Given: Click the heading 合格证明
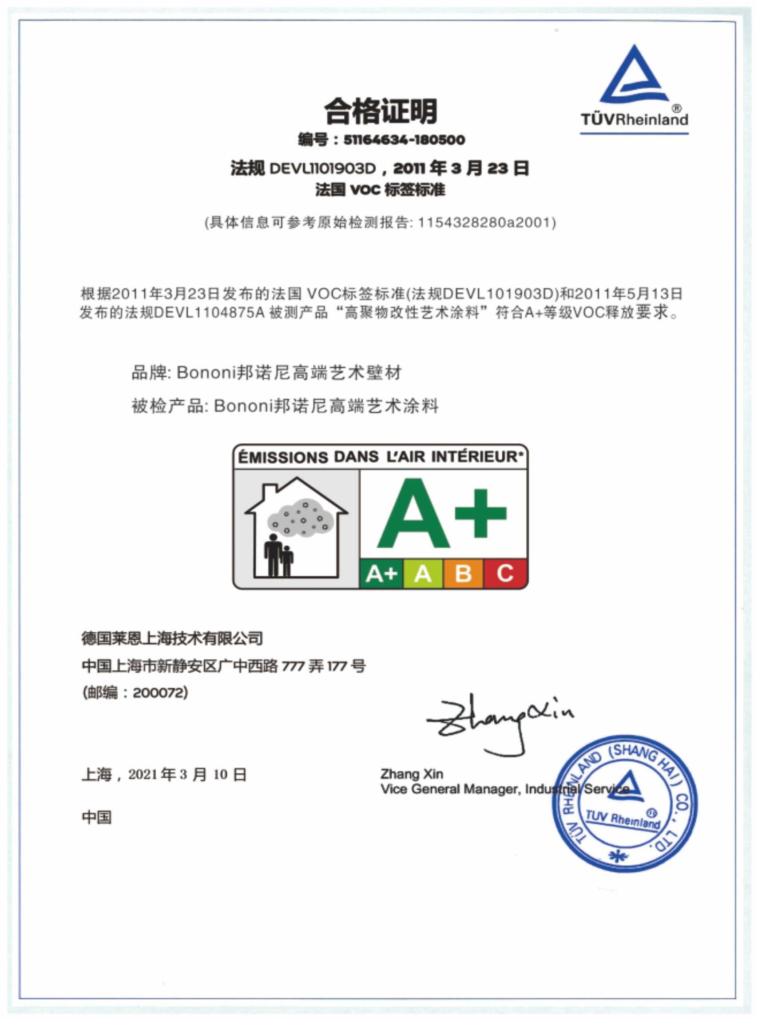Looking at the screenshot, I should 381,111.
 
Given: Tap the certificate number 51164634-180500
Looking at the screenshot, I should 404,139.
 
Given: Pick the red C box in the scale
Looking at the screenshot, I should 505,573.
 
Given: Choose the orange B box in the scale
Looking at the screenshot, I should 463,573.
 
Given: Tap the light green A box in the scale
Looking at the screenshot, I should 423,573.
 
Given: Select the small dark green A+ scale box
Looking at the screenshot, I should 381,573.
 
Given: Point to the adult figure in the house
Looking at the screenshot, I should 273,555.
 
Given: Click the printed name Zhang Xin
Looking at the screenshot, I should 412,774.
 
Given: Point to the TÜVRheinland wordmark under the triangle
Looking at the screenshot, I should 634,120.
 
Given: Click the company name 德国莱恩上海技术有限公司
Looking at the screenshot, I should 172,638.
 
